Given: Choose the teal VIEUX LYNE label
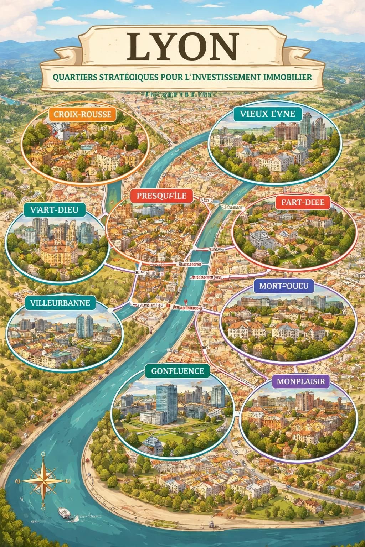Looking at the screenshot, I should coord(267,114).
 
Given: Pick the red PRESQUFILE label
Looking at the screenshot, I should coord(161,196).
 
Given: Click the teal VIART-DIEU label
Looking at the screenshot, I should coord(55,210).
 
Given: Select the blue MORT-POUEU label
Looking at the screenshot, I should coord(284,286).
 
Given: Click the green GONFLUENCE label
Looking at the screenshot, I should coord(177,371).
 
